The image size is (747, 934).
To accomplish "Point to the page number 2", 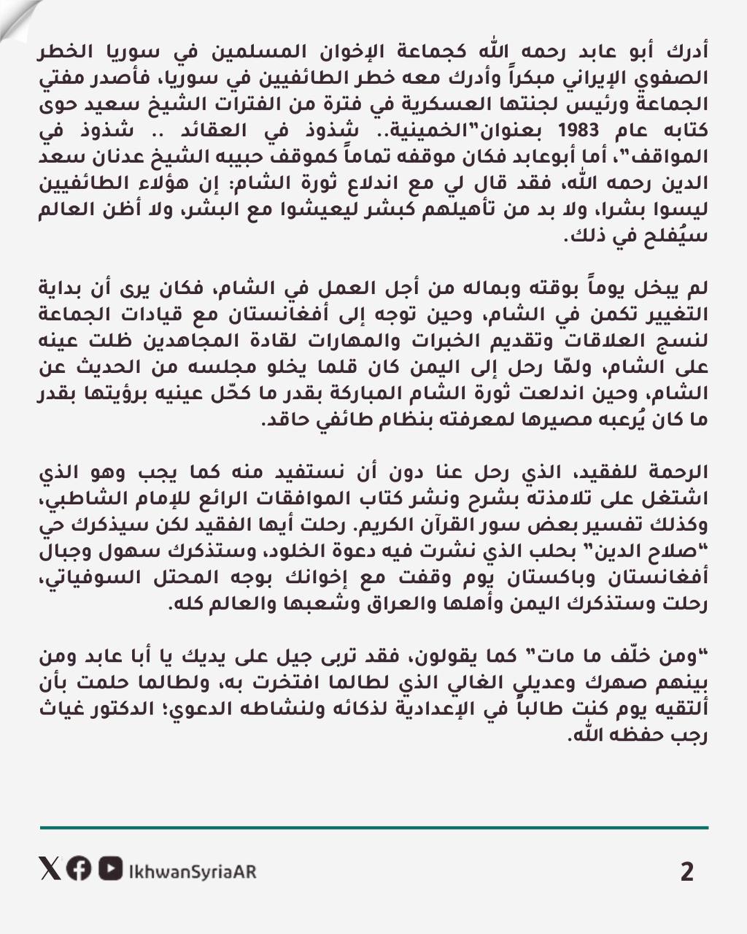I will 686,872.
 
